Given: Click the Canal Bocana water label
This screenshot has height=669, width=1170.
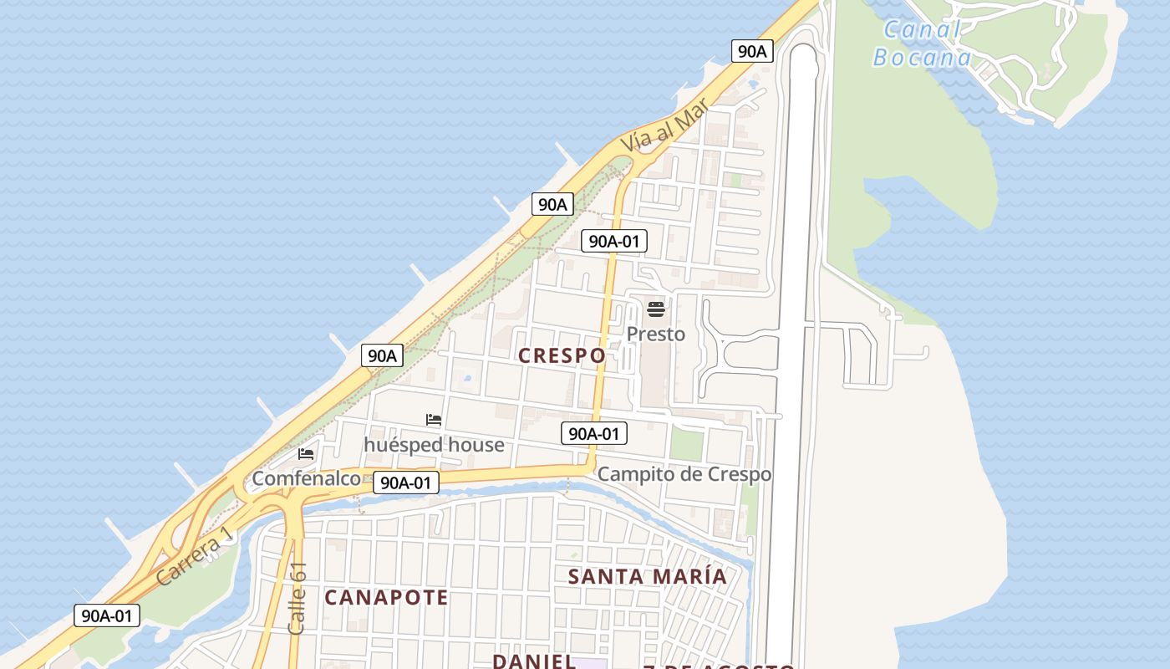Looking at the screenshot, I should pos(923,43).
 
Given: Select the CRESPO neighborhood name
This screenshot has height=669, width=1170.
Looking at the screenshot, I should pos(562,355).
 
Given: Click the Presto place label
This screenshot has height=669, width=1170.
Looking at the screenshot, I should pos(656,334).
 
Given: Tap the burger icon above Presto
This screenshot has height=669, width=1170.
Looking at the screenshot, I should pos(656,309).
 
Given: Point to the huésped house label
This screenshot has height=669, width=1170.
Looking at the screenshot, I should pos(434,445).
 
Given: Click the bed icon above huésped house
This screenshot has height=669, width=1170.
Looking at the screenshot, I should pos(434,420).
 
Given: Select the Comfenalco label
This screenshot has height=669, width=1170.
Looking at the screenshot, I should pos(306,478).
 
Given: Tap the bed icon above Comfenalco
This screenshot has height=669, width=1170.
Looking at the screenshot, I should pos(306,454).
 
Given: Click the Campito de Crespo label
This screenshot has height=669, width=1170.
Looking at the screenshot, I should pos(684,474).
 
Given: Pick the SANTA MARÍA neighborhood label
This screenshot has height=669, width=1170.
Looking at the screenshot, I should pos(648,576).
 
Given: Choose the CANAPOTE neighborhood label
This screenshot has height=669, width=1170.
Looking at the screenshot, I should pos(386,597).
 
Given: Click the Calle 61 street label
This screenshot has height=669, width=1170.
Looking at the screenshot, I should pos(298,598).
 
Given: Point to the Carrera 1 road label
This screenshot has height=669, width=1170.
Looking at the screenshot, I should pos(190,560).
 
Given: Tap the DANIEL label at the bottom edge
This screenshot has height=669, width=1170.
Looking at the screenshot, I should pos(533,661).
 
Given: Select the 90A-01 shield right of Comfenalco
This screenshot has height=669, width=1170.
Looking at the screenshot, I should pos(405,483).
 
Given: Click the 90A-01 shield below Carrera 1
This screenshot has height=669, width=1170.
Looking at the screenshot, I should pos(106,615).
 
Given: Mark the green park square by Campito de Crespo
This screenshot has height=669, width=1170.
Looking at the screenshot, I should pos(687,445).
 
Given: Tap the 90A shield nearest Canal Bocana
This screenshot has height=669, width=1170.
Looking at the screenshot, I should pos(752,51).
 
